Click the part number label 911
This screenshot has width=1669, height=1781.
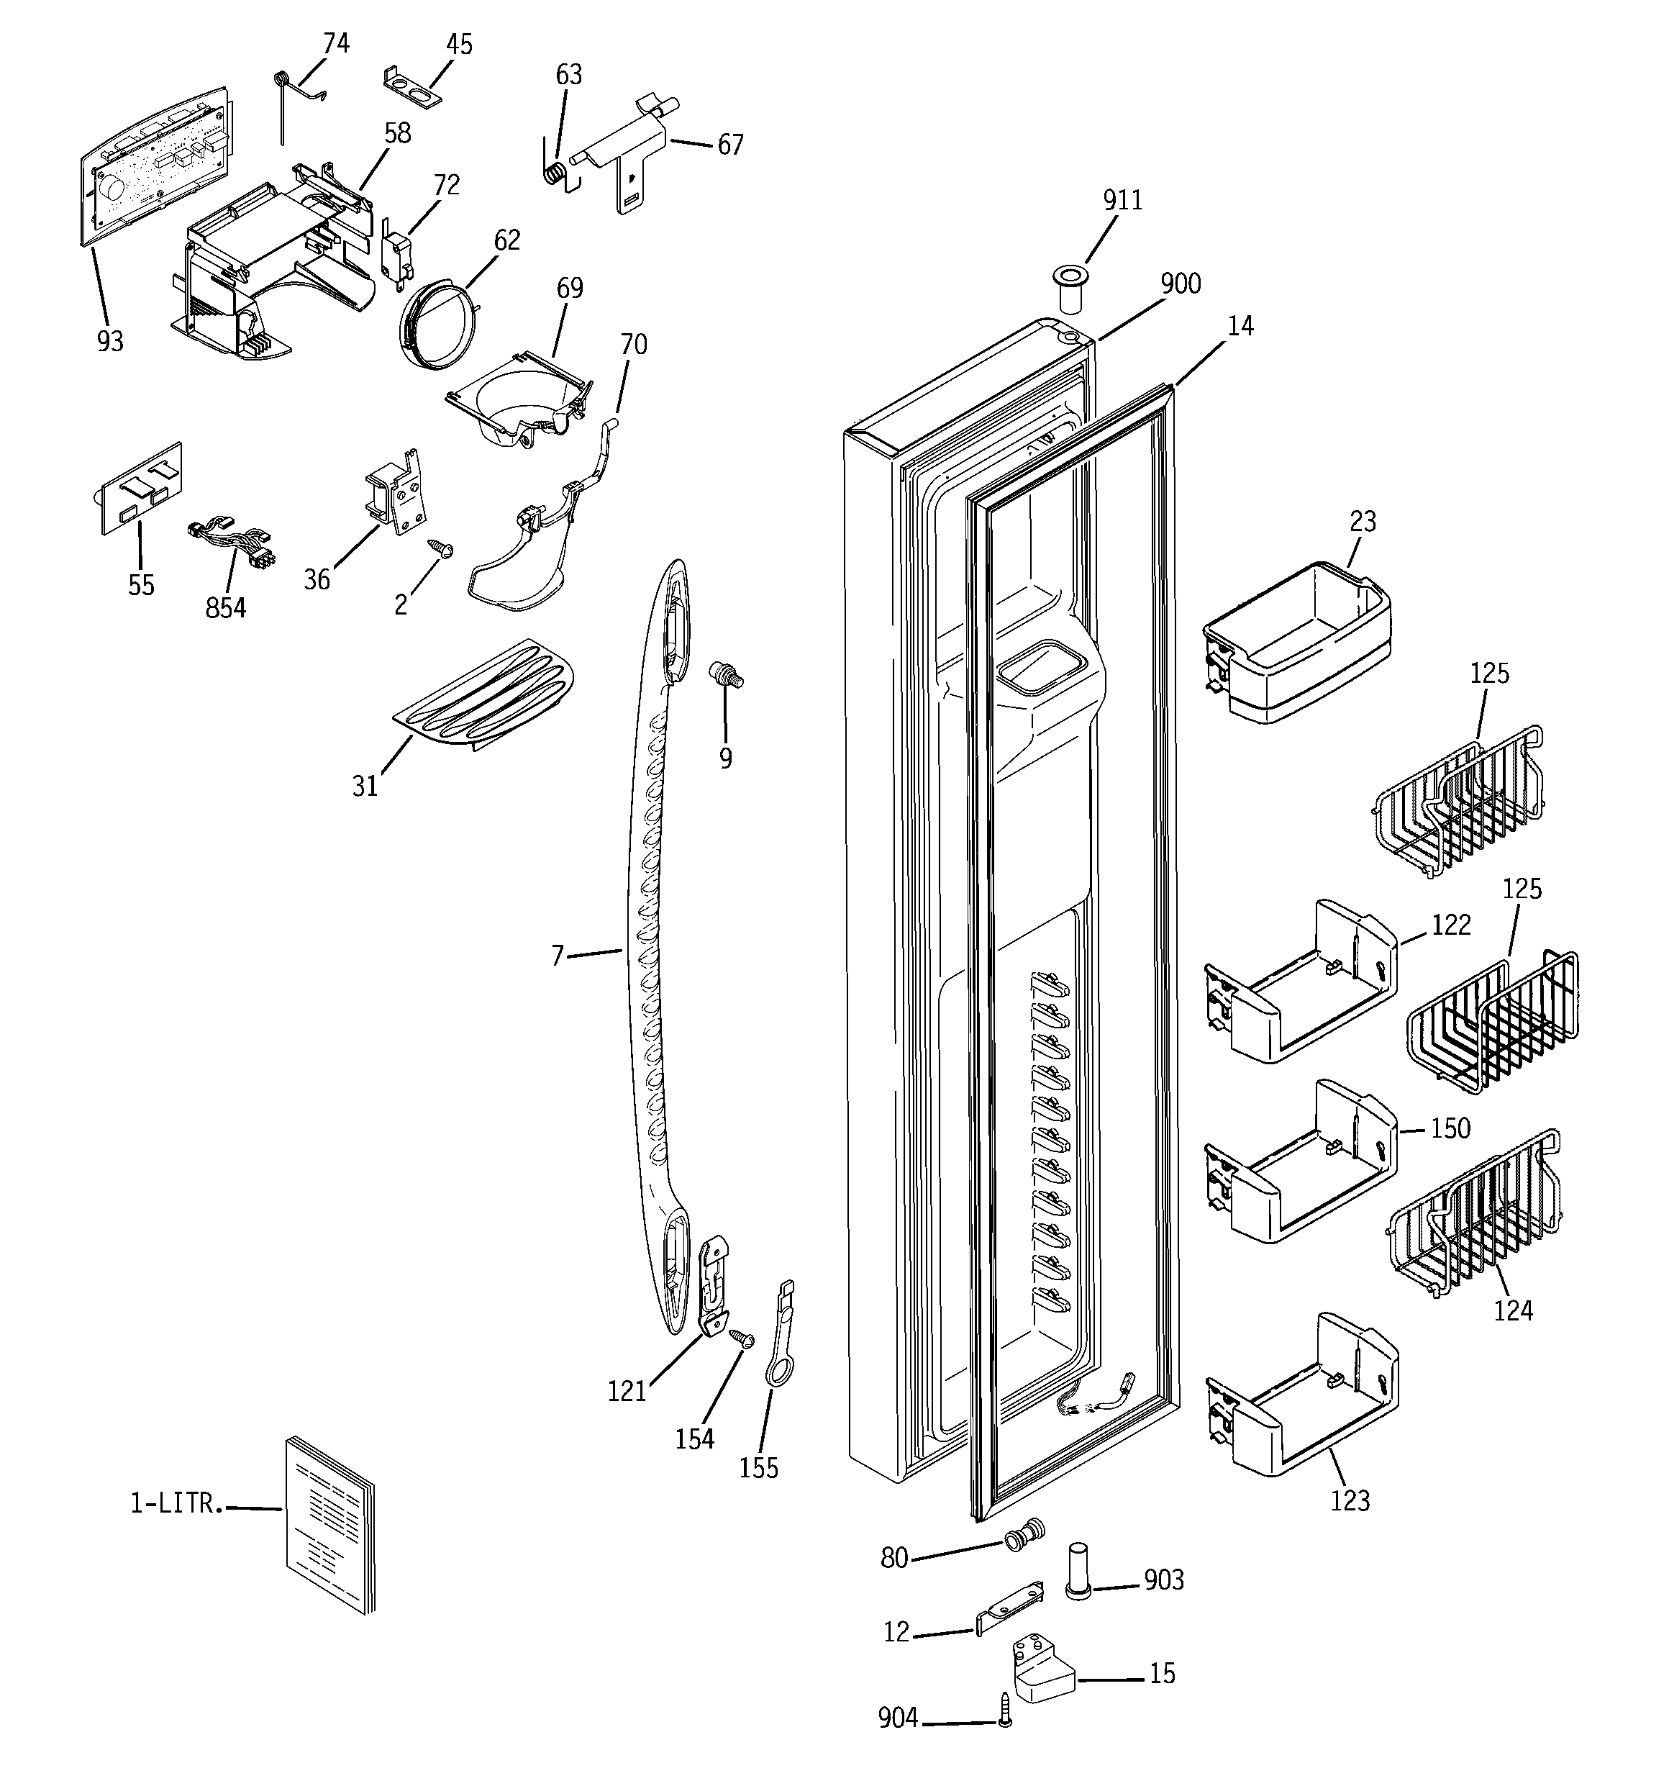1122,200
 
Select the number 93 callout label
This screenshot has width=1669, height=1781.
110,341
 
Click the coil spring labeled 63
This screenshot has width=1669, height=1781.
555,171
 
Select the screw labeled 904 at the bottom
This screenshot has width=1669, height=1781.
1005,1709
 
